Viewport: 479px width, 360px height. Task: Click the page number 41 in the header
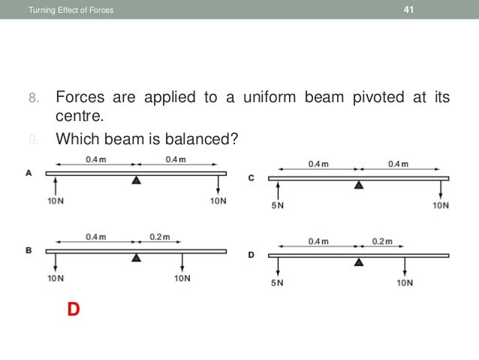coord(409,9)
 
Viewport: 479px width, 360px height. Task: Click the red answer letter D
coord(73,309)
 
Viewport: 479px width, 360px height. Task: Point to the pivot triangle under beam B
coord(136,258)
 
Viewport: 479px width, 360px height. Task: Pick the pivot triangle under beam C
coord(359,185)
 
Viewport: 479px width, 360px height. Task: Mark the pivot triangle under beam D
coord(359,262)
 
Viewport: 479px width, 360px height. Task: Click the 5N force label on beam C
coord(277,205)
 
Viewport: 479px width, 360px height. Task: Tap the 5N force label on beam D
coord(277,283)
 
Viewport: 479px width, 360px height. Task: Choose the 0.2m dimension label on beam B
coord(159,237)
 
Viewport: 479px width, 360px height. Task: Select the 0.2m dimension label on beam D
coord(382,241)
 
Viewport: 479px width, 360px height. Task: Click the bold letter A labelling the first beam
coord(29,172)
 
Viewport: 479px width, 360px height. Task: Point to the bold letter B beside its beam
coord(29,250)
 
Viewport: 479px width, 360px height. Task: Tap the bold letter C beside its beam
coord(251,177)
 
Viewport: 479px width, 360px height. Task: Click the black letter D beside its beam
coord(251,255)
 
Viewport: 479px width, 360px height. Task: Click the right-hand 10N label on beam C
coord(441,205)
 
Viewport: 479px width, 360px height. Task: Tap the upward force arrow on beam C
coord(279,189)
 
